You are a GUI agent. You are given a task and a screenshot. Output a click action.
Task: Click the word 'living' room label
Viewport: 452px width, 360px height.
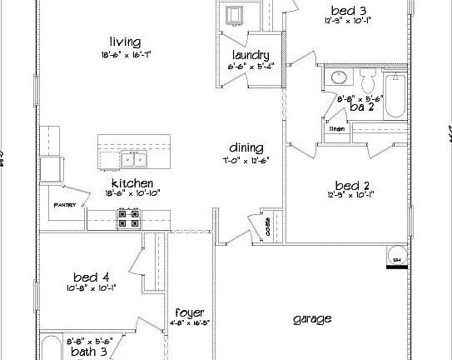[124, 42]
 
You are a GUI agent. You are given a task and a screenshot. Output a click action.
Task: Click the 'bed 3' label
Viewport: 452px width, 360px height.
[350, 11]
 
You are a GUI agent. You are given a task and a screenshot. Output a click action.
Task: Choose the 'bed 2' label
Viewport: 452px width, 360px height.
[350, 185]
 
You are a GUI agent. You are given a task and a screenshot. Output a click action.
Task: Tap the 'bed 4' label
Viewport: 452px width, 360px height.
[91, 277]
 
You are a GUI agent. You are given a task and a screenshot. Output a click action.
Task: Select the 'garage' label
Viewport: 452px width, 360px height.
[313, 318]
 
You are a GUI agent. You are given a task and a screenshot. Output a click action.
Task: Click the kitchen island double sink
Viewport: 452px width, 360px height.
[132, 160]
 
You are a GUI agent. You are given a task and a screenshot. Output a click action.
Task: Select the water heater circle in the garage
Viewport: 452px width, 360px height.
[398, 255]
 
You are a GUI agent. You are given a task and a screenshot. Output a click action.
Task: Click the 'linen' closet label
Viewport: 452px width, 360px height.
[337, 128]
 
